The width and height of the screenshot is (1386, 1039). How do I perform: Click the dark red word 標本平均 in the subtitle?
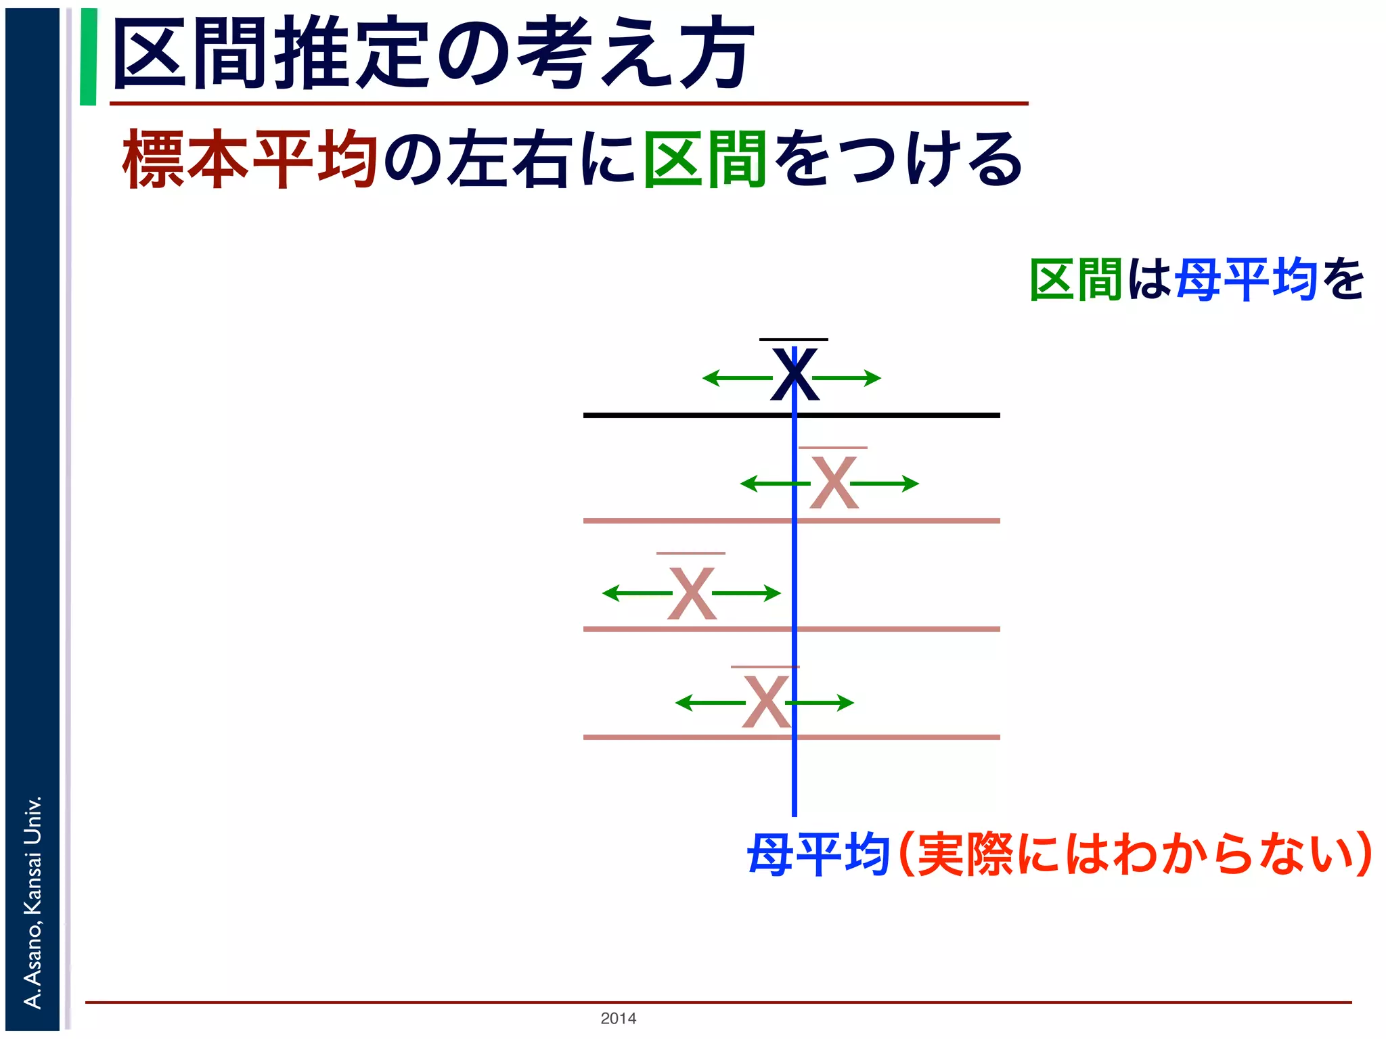[x=249, y=160]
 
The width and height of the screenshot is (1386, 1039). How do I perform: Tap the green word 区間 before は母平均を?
[x=1076, y=279]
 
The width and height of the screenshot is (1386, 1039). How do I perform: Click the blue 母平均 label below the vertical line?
[x=818, y=855]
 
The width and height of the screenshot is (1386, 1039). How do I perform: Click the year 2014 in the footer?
[x=618, y=1018]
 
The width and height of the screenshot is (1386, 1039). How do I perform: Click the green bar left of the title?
[x=88, y=57]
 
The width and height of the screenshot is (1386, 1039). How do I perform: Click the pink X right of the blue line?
[x=834, y=482]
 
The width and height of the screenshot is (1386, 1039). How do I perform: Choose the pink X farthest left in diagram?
[x=691, y=593]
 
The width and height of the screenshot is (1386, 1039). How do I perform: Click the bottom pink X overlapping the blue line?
[x=765, y=702]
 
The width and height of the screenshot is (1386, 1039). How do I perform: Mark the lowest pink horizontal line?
[x=677, y=737]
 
